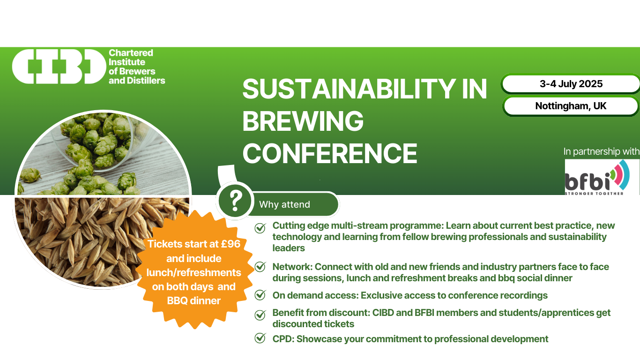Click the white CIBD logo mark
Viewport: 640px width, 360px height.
[x=59, y=67]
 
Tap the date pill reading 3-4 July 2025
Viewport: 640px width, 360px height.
[x=571, y=84]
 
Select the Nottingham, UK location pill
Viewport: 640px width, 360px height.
[x=571, y=106]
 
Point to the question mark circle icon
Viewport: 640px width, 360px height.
[x=235, y=201]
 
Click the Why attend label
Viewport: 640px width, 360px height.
[x=284, y=204]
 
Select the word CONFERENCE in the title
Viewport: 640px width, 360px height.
[x=330, y=153]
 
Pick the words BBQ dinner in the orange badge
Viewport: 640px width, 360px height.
[x=193, y=301]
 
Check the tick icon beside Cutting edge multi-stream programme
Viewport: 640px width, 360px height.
[x=260, y=228]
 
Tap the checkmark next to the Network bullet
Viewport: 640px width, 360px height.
[x=260, y=267]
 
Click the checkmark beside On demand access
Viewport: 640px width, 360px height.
[x=260, y=295]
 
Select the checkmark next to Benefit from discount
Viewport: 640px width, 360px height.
[x=260, y=315]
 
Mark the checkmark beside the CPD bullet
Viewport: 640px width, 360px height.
[x=260, y=338]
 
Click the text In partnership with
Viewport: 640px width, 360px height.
[x=602, y=151]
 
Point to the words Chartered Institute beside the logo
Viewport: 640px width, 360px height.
[x=131, y=58]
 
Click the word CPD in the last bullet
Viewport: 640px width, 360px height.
[x=283, y=339]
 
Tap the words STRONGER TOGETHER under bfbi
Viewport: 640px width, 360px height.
[x=594, y=194]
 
